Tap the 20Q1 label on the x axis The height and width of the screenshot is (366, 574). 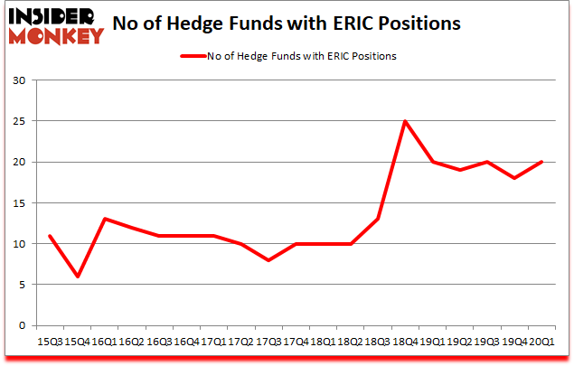pos(542,342)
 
